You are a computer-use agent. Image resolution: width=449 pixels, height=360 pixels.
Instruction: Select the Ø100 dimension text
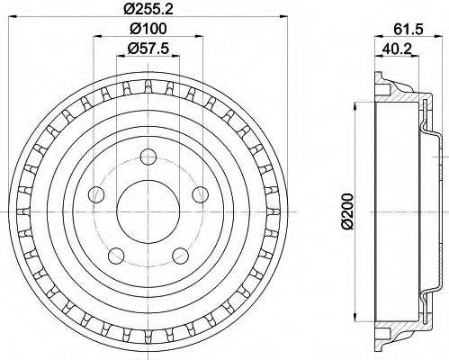pos(144,31)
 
